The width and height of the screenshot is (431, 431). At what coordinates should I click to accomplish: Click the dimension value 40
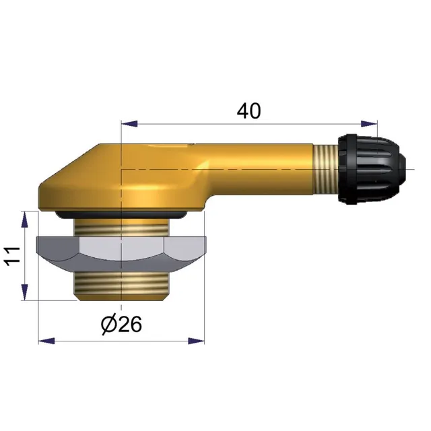(x=248, y=111)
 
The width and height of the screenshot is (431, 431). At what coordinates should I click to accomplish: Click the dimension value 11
(x=13, y=256)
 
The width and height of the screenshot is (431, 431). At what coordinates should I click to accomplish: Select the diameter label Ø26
(x=121, y=324)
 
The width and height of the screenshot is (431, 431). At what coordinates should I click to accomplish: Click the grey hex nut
(x=121, y=253)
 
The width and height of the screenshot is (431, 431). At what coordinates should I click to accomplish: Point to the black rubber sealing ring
(x=121, y=215)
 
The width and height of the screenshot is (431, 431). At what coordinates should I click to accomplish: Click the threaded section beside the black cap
(x=326, y=169)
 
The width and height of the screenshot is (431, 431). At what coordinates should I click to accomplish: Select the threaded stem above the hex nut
(x=121, y=227)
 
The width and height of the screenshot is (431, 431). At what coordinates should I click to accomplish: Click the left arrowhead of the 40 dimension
(x=129, y=124)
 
